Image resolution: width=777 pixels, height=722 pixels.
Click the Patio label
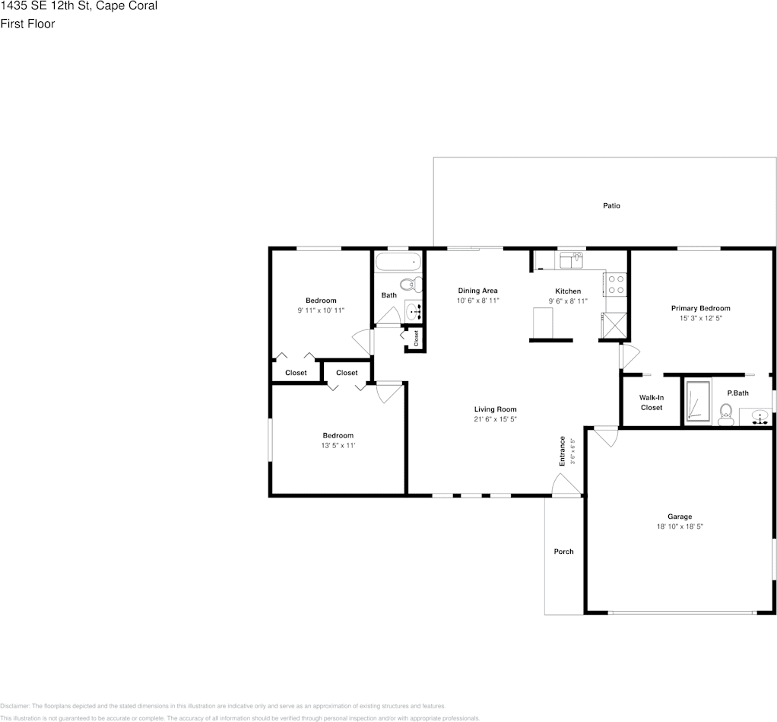(x=611, y=205)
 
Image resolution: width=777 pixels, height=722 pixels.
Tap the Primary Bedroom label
(x=700, y=308)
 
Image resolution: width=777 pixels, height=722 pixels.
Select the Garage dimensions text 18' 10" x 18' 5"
(x=680, y=526)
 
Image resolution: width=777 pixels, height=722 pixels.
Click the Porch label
(x=563, y=552)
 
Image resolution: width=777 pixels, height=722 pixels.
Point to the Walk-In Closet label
(x=651, y=402)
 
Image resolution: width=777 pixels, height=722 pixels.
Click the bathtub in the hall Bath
(x=398, y=262)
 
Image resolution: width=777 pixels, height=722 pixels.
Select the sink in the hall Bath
(x=414, y=310)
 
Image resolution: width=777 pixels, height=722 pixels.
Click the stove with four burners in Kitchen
(x=615, y=285)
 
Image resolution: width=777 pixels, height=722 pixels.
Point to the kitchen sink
(x=571, y=260)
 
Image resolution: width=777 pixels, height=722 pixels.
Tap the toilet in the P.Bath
(x=725, y=415)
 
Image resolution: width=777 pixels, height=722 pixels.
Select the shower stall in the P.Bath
(x=697, y=400)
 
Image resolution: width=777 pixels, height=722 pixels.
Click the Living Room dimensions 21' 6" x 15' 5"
(x=496, y=419)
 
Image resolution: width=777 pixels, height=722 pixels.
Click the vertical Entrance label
(x=563, y=450)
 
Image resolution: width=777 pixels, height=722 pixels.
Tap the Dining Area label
(x=477, y=291)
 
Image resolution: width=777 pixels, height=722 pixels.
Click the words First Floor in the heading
(x=27, y=24)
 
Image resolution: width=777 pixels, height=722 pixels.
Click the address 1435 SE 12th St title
(x=79, y=7)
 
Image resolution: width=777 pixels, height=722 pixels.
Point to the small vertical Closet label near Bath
(x=417, y=338)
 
